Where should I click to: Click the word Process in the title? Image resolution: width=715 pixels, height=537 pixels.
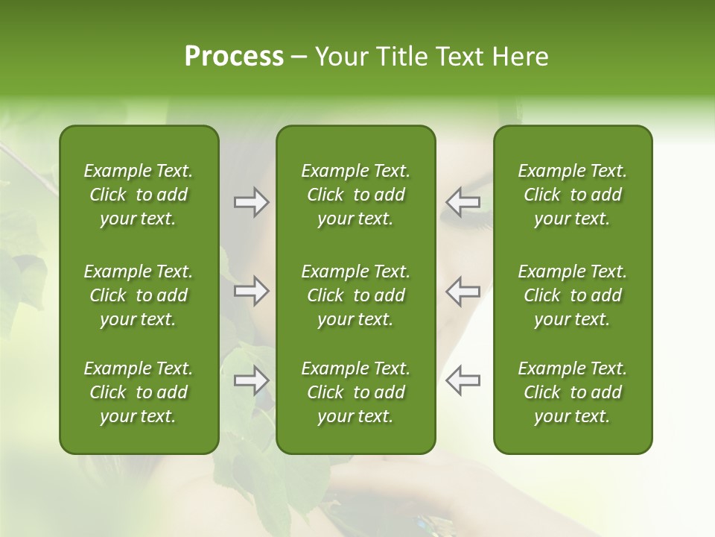[234, 57]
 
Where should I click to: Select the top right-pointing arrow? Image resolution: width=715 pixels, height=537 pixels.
[251, 202]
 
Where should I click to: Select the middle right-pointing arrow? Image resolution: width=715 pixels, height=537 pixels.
[251, 291]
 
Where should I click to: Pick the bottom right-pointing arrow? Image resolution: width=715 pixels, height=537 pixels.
[251, 380]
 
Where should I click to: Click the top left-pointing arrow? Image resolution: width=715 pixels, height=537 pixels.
[463, 202]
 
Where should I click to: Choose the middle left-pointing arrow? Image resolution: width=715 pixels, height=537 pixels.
[463, 291]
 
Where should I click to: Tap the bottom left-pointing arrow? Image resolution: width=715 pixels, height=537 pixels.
[463, 380]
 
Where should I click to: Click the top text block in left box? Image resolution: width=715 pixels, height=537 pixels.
[139, 195]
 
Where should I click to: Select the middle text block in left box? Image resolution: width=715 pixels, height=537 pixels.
[139, 295]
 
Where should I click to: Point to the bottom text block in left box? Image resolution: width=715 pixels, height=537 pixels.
[139, 392]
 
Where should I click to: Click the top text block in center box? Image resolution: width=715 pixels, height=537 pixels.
[355, 195]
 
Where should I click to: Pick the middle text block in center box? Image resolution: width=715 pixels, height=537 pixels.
[355, 295]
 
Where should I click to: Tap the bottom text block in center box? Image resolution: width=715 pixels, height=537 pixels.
[355, 392]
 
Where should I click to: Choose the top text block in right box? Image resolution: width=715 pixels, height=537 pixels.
[572, 195]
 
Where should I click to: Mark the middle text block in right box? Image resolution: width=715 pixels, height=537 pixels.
[572, 295]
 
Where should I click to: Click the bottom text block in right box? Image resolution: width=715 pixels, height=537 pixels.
[572, 392]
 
